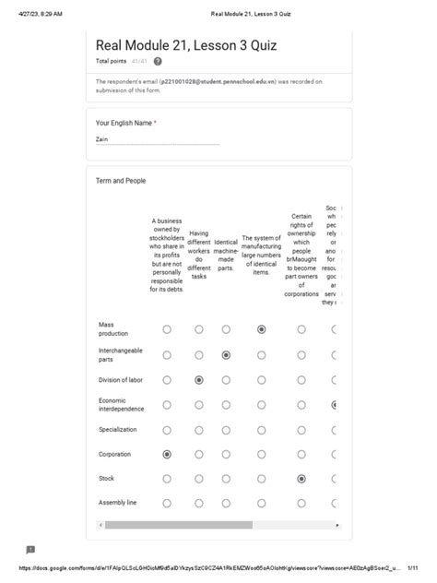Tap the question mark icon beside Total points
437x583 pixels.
click(x=158, y=61)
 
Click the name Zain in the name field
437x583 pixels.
click(x=101, y=139)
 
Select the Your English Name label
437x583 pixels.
click(x=124, y=123)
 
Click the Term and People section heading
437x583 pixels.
click(x=121, y=181)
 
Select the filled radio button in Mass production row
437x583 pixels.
click(x=262, y=329)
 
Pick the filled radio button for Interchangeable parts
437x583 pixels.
click(x=226, y=354)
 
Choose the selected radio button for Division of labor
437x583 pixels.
click(x=199, y=379)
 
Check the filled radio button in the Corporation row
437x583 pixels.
click(x=167, y=454)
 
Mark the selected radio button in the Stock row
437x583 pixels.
click(x=301, y=479)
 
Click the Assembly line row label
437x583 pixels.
click(x=117, y=503)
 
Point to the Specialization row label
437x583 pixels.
click(x=117, y=429)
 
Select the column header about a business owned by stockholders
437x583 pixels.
click(x=167, y=255)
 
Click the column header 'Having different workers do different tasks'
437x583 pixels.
click(x=199, y=255)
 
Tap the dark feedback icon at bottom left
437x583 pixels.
click(x=30, y=550)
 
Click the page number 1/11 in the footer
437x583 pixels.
click(x=412, y=569)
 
